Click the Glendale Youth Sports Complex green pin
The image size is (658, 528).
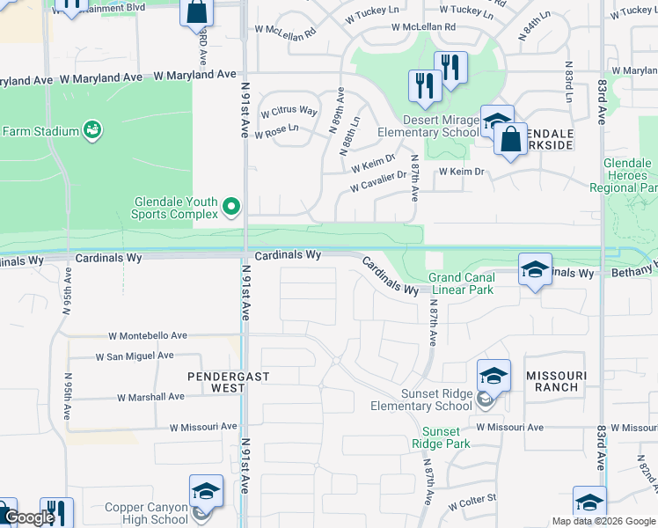231,208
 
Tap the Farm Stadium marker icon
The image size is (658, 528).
91,131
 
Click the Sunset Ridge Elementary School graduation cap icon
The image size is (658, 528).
493,376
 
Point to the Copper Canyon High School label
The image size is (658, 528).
146,513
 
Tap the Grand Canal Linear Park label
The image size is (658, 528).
462,282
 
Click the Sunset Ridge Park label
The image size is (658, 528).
441,437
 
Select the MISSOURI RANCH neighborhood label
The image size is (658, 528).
552,381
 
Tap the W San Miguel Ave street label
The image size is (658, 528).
135,356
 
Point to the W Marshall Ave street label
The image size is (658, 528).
150,397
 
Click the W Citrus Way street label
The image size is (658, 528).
289,111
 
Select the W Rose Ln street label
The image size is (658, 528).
276,128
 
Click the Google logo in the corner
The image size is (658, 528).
29,518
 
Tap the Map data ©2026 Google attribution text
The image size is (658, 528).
602,521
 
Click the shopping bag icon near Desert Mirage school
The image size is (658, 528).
510,139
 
